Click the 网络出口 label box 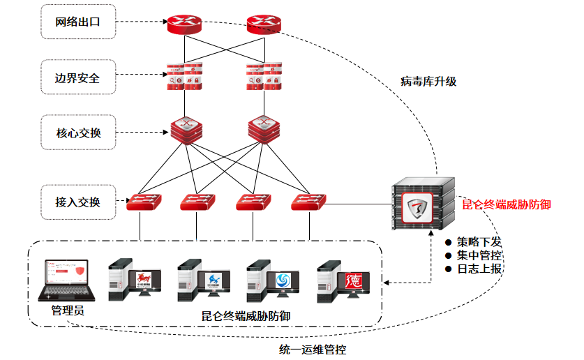point(78,22)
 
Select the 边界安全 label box point(77,77)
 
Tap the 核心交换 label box point(78,132)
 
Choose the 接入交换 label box point(78,202)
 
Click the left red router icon point(184,26)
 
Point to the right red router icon point(264,26)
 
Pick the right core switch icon point(264,129)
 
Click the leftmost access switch point(142,202)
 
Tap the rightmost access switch point(309,202)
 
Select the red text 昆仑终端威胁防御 point(507,205)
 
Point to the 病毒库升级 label point(428,81)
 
